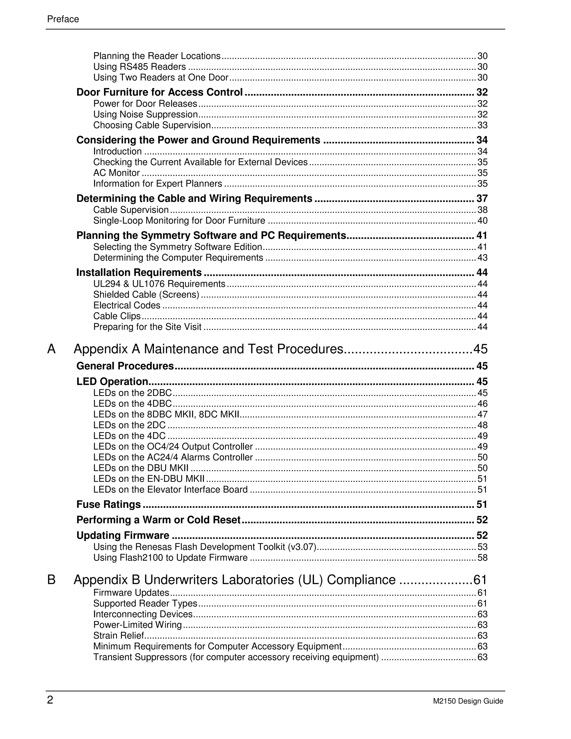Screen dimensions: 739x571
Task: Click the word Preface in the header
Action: [x=63, y=19]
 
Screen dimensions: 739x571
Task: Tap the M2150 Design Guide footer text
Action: [x=468, y=701]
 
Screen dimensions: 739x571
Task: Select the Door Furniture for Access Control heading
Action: [x=159, y=92]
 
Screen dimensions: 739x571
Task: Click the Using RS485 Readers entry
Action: [x=139, y=67]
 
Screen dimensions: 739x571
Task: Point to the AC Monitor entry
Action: [x=116, y=173]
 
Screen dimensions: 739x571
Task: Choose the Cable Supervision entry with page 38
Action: [x=131, y=210]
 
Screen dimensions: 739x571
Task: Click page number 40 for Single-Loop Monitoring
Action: [x=482, y=221]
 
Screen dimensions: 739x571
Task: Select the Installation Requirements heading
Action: [x=139, y=272]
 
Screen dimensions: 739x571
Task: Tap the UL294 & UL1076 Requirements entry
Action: [x=159, y=284]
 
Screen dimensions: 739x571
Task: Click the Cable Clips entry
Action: [x=117, y=316]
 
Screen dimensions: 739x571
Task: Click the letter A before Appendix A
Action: [x=51, y=349]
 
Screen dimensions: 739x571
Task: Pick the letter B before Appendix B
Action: [x=51, y=580]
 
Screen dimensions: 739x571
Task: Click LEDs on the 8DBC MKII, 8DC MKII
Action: [x=166, y=414]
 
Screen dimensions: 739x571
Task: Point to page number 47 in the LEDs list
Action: [x=482, y=414]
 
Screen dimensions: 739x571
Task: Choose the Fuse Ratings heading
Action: [x=108, y=504]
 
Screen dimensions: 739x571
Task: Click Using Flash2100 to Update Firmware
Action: [x=170, y=558]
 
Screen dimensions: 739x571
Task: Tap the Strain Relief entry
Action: [x=118, y=636]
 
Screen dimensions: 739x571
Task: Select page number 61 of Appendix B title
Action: [x=480, y=580]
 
